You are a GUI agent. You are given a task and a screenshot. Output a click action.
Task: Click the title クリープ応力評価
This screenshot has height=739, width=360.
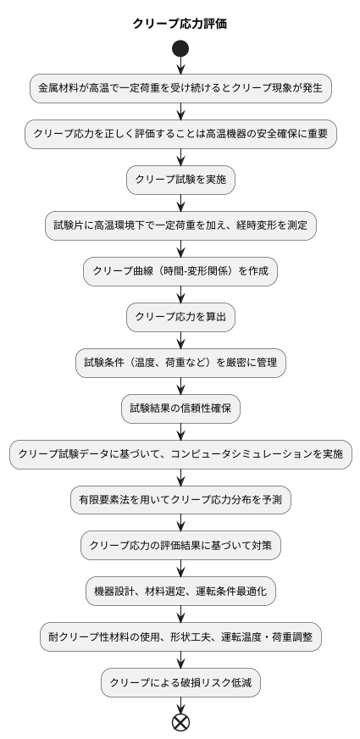pos(180,24)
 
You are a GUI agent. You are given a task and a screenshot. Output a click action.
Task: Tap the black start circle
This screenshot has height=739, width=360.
pos(180,49)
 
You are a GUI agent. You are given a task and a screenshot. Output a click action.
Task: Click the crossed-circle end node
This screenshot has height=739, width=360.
pos(180,722)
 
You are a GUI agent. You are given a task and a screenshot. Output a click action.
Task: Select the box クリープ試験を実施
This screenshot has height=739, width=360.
pos(180,180)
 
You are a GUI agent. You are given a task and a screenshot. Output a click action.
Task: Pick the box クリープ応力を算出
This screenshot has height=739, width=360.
pos(180,317)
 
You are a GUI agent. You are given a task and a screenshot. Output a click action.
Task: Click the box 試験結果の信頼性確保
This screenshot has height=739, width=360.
pos(180,408)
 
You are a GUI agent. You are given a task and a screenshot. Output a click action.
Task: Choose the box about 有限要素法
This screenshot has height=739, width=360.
pos(180,500)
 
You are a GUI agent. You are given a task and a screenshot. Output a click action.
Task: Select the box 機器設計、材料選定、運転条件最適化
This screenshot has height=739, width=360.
pos(180,592)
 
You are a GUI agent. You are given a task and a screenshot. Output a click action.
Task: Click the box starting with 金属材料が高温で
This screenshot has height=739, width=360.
pos(180,88)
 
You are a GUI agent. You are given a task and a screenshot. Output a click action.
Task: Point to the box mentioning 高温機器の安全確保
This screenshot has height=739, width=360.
pos(180,134)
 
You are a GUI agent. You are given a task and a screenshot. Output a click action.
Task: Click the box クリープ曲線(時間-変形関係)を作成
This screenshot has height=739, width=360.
pos(180,271)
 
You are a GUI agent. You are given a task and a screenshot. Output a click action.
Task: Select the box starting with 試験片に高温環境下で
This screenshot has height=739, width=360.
pos(180,225)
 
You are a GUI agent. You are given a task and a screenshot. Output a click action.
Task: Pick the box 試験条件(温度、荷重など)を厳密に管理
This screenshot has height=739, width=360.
pos(180,363)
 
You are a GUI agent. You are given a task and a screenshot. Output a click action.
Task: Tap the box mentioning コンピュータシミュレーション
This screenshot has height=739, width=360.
pos(180,454)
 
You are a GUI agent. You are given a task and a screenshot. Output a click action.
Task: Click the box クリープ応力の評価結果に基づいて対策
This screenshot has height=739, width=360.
pos(180,546)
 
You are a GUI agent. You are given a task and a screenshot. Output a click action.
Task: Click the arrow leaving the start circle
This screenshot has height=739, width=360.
pos(180,66)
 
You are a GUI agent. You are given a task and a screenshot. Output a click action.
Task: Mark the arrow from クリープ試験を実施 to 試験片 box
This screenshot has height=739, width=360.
pos(180,203)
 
